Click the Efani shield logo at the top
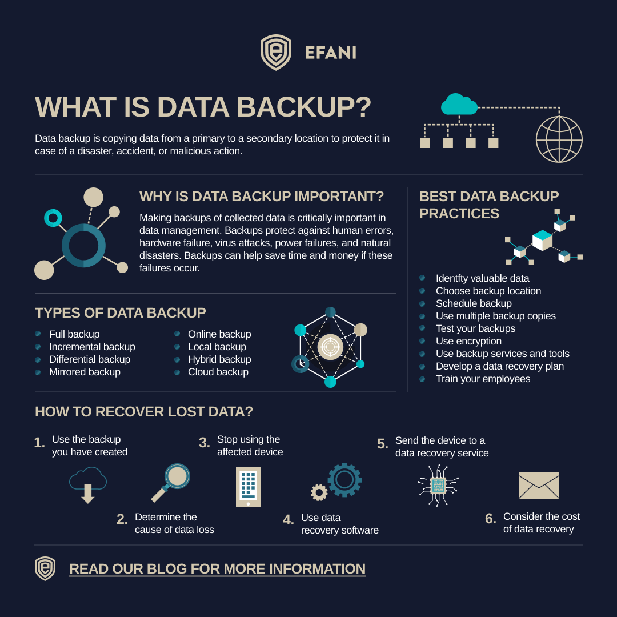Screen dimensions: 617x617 [x=276, y=53]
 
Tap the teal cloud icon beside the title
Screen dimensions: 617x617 [x=459, y=105]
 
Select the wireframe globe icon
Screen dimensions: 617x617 [x=559, y=139]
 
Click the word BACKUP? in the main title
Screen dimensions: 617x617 [x=304, y=107]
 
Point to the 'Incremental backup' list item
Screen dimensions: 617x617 [x=92, y=347]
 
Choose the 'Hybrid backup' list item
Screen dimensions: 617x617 [x=219, y=359]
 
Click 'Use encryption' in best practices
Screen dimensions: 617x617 [x=468, y=341]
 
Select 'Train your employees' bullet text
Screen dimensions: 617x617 [x=483, y=379]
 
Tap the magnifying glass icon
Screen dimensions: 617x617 [x=171, y=483]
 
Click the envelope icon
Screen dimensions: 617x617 [x=539, y=485]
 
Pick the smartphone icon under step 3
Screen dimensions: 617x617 [x=248, y=486]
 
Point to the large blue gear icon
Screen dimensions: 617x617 [x=344, y=480]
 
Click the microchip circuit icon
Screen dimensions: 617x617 [x=438, y=485]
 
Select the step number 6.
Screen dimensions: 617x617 [x=490, y=519]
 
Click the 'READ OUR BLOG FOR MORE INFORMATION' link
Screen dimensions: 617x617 [x=217, y=568]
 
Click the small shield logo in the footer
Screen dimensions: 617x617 [x=45, y=568]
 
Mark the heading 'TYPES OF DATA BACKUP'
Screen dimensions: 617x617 [x=121, y=313]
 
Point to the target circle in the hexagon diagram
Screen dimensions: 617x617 [x=331, y=347]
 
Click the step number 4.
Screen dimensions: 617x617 [x=289, y=520]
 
